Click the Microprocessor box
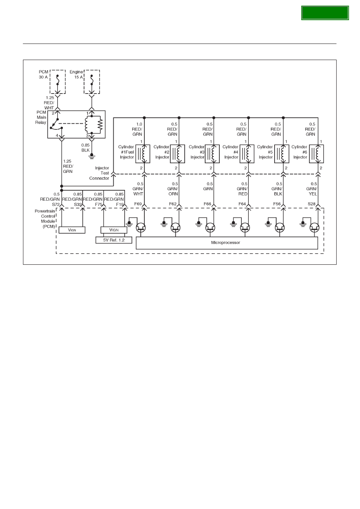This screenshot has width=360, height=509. coord(227,243)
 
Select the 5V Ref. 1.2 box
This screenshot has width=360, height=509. coord(114,240)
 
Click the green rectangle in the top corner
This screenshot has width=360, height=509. coord(325,13)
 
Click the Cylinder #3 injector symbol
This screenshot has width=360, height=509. coord(212,154)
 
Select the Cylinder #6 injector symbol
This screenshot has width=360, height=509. coord(316,154)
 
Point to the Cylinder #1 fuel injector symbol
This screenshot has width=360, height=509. coord(143,154)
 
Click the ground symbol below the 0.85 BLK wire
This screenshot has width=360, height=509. coord(92,156)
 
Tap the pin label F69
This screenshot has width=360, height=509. coord(138,204)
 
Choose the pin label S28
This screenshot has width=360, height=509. coord(312,204)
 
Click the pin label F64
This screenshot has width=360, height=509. coord(242,204)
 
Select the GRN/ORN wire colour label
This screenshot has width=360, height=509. coord(173,191)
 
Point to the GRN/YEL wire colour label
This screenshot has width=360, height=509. coord(312,191)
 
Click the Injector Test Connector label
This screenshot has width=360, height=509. coord(99,173)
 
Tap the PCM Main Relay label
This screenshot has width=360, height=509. coord(41,118)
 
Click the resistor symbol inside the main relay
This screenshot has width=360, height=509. coord(100,125)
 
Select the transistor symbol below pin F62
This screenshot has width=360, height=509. coord(175,227)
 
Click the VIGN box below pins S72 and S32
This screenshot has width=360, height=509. coord(72,230)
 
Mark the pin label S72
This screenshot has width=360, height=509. coord(56,204)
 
